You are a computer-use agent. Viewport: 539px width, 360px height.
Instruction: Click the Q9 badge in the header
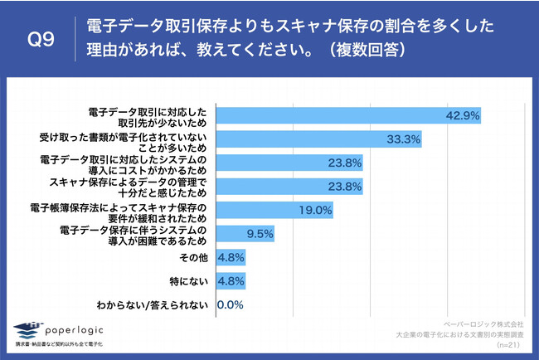coord(41,39)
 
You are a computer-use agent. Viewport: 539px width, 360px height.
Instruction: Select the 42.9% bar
coord(349,115)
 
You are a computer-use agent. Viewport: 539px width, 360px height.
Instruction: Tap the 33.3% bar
coord(319,139)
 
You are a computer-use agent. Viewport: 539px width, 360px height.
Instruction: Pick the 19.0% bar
coord(274,210)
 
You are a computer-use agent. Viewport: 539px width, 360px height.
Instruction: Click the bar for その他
coord(230,257)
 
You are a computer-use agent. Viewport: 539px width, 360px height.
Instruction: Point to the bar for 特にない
coord(230,281)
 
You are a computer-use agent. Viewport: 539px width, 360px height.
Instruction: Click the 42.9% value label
coord(463,116)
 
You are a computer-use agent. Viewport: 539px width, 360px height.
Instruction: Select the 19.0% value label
coord(314,211)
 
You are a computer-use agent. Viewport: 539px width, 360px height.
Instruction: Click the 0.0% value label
coord(230,305)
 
